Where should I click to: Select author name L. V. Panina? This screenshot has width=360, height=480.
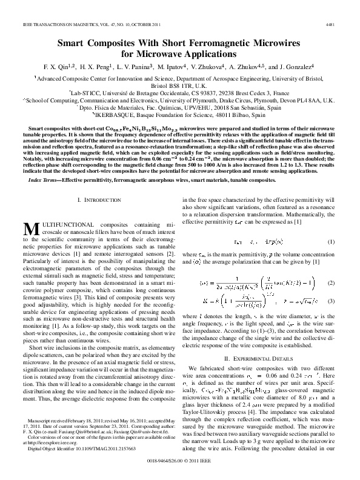tap(136, 66)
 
